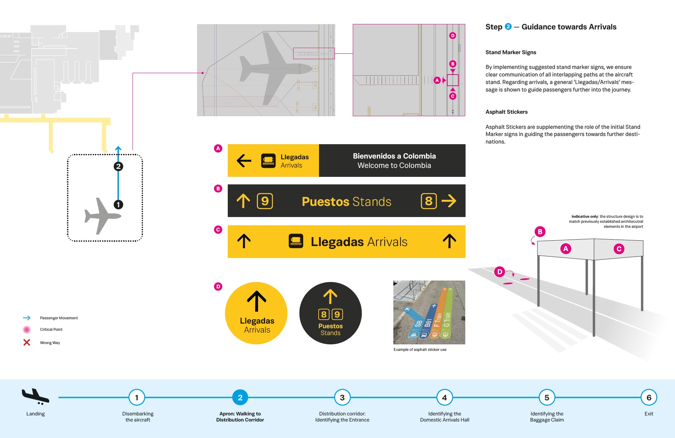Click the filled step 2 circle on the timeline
[x=240, y=397]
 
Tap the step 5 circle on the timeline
[x=547, y=397]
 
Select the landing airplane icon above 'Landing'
[x=35, y=396]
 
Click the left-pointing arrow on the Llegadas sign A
[x=244, y=161]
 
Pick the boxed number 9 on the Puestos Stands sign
[x=265, y=201]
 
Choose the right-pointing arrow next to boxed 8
[x=449, y=201]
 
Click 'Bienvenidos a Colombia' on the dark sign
[x=394, y=156]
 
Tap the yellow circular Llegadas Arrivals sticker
[x=256, y=313]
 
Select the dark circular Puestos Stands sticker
[x=330, y=313]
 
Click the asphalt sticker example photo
[x=429, y=312]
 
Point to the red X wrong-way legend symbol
[x=27, y=343]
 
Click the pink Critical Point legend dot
[x=27, y=329]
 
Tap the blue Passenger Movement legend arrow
[x=27, y=318]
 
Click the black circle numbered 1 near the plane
[x=118, y=204]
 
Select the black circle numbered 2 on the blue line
[x=118, y=166]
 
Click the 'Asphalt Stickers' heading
[x=506, y=112]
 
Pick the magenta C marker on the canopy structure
[x=619, y=249]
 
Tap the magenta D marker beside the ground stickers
[x=499, y=272]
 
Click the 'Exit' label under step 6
[x=649, y=414]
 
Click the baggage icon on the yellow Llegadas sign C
[x=296, y=241]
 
